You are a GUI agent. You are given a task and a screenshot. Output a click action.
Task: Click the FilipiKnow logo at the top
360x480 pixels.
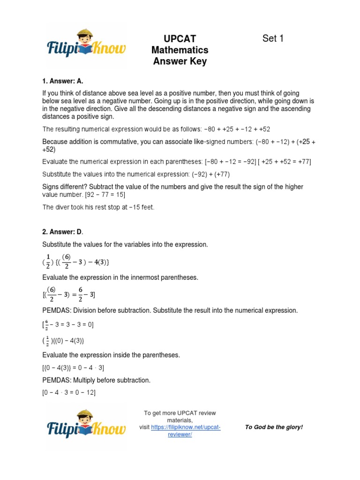(x=86, y=47)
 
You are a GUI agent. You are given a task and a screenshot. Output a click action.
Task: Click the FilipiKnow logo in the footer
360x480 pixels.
(x=86, y=426)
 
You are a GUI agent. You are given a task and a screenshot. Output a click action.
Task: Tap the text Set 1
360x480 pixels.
(x=273, y=38)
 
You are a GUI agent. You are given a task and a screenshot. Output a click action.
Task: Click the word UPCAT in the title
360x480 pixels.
(x=180, y=39)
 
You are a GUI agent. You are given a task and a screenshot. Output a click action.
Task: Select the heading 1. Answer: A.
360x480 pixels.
(x=63, y=81)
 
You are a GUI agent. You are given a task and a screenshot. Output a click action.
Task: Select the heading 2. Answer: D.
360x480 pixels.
(x=63, y=232)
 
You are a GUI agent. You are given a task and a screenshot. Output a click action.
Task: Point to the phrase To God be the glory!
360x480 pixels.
(x=274, y=427)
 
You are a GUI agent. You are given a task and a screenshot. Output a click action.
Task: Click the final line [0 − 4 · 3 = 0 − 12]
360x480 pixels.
(x=69, y=393)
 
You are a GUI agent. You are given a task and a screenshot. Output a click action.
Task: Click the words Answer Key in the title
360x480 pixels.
(x=180, y=61)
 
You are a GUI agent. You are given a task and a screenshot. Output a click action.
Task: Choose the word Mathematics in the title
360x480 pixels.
(x=180, y=50)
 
